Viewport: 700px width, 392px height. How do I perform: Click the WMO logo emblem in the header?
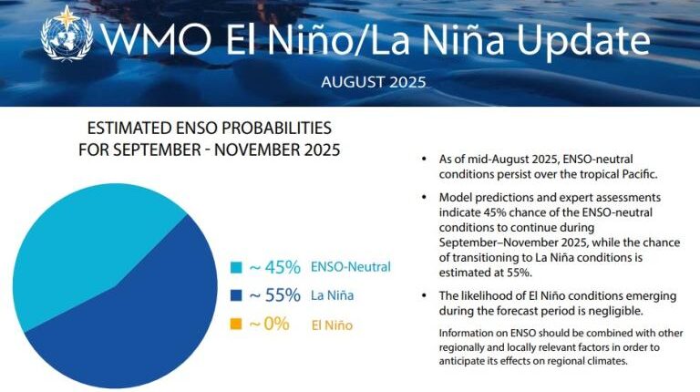(66, 37)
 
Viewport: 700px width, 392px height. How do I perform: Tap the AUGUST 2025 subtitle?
(373, 82)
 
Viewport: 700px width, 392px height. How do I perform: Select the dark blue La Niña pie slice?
(137, 310)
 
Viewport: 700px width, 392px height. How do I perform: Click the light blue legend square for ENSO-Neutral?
(236, 268)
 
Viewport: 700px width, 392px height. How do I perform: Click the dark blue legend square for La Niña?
(236, 296)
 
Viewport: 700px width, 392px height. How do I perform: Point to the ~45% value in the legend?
(274, 267)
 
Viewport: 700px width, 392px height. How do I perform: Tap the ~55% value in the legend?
(274, 296)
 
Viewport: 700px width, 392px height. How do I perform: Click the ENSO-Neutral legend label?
(350, 267)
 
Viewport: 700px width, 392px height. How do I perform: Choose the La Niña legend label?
(333, 296)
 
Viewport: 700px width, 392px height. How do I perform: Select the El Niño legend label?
(332, 325)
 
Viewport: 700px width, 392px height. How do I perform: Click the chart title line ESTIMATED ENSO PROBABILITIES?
(209, 129)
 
